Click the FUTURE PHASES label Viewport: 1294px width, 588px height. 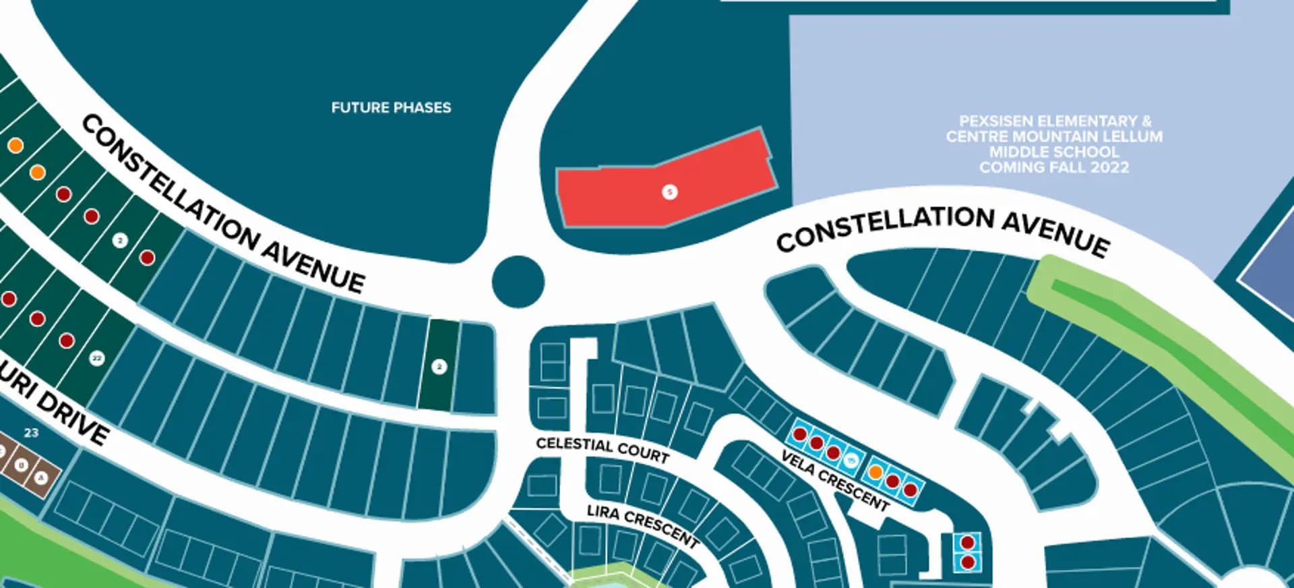point(391,107)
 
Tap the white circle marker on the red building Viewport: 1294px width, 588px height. point(669,192)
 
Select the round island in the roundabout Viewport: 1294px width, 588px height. point(518,282)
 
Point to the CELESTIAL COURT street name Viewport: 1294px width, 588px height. point(603,450)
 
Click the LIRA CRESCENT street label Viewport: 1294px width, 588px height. point(642,525)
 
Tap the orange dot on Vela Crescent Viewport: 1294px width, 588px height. point(875,472)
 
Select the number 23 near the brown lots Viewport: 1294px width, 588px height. point(31,433)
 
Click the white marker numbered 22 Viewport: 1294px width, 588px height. point(96,358)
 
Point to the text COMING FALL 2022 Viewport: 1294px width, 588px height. point(1053,167)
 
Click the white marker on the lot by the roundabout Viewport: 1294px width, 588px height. point(439,367)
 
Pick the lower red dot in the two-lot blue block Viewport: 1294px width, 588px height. point(968,562)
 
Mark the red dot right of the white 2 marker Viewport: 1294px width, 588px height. point(147,257)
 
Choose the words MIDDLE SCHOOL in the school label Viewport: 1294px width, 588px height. point(1053,152)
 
